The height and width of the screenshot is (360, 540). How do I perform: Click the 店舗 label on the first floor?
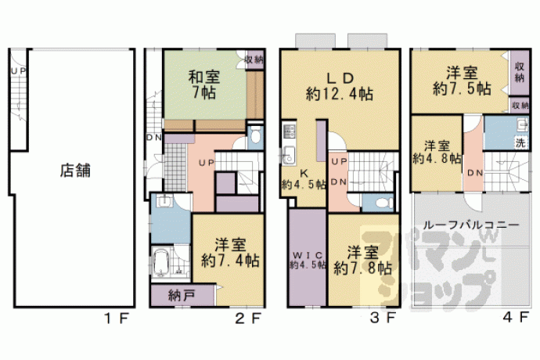click(75, 171)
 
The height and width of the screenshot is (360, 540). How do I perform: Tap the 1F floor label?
click(117, 318)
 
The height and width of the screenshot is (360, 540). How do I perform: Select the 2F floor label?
click(248, 318)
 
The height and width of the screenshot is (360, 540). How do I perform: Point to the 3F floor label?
click(383, 318)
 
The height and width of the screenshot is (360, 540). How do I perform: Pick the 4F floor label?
click(516, 317)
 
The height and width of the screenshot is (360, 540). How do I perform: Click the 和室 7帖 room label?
click(204, 85)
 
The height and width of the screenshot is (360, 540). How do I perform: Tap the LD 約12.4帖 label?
click(340, 86)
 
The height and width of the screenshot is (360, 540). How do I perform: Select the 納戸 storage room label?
click(182, 295)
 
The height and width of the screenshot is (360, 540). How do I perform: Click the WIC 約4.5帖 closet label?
click(308, 260)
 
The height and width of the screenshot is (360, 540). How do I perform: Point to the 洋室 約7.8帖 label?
click(362, 260)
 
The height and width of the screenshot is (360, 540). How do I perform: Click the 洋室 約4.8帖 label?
click(437, 152)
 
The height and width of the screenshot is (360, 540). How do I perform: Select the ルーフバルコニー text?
click(471, 225)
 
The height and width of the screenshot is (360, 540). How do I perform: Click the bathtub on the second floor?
click(160, 263)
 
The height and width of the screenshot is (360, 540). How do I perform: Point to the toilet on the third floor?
click(383, 203)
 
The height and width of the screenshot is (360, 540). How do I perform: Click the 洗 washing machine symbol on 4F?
click(520, 142)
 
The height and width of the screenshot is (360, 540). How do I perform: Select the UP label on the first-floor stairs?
click(19, 71)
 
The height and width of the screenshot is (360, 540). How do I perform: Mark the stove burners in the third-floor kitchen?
click(289, 131)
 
